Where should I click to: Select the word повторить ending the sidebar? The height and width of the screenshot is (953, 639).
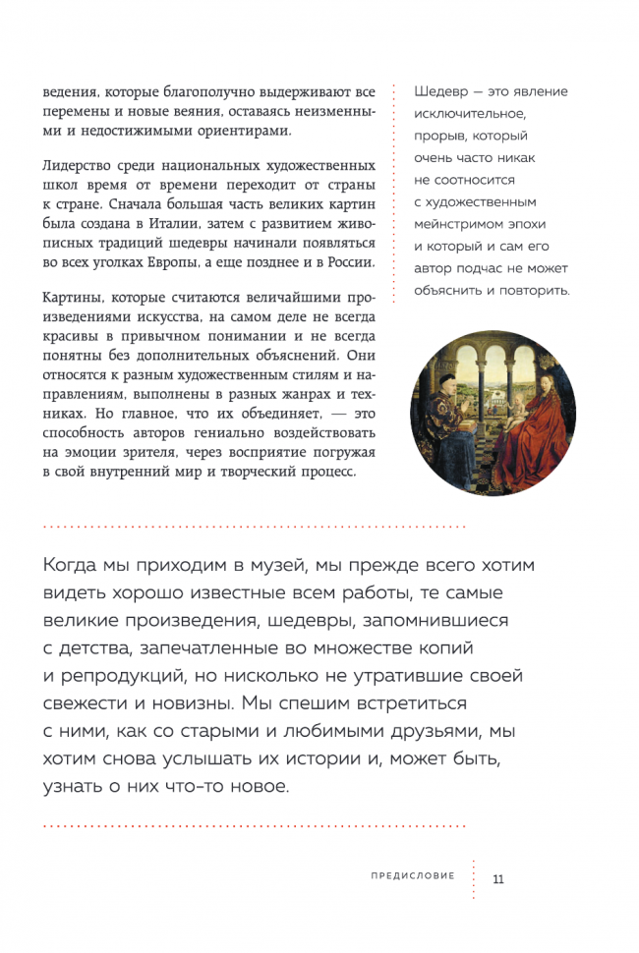coord(533,291)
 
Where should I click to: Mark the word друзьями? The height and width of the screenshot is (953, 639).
coord(420,732)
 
